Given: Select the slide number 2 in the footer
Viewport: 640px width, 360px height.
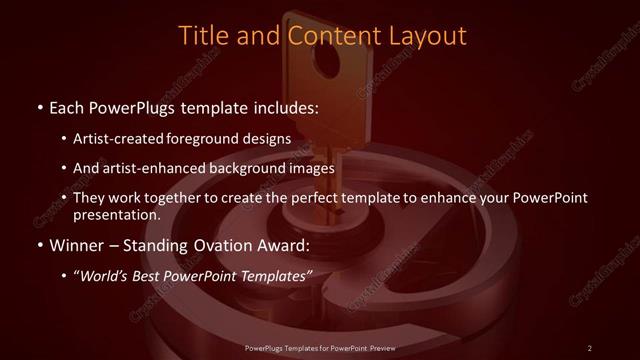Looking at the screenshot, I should click(590, 347).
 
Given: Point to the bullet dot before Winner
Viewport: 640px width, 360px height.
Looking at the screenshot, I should click(38, 245).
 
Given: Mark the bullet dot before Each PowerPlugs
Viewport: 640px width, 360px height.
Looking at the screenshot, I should click(38, 106).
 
